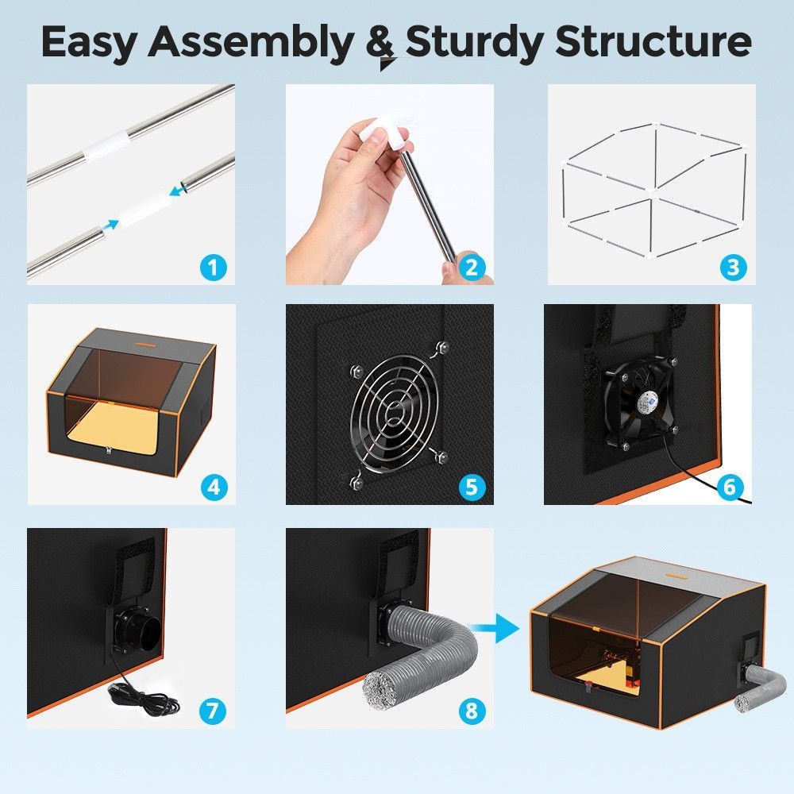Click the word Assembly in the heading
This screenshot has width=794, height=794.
(x=251, y=41)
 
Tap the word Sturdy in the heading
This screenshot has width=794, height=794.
(x=475, y=41)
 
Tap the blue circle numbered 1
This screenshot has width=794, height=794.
(x=213, y=267)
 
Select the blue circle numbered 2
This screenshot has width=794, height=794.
(x=472, y=267)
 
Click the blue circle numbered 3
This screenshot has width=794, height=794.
(x=733, y=267)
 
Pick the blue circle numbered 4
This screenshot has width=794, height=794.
(x=214, y=488)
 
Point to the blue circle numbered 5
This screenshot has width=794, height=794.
(x=472, y=488)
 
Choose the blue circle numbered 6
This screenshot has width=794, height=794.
(x=729, y=488)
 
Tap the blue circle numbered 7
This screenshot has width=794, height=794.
(x=213, y=711)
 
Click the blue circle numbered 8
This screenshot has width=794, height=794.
(x=472, y=711)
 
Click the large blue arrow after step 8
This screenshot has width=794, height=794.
(x=501, y=629)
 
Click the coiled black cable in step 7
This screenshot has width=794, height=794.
(x=145, y=698)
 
